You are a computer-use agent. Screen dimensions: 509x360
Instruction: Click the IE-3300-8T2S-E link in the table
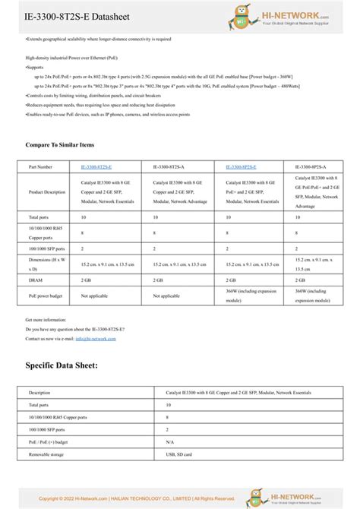[x=96, y=166]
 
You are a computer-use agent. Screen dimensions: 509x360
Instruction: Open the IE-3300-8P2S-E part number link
[x=241, y=166]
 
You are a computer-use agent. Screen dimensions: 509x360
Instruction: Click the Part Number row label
[x=41, y=166]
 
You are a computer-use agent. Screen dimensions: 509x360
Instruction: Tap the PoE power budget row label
[x=46, y=296]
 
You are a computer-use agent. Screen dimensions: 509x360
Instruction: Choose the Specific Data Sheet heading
[x=62, y=365]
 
